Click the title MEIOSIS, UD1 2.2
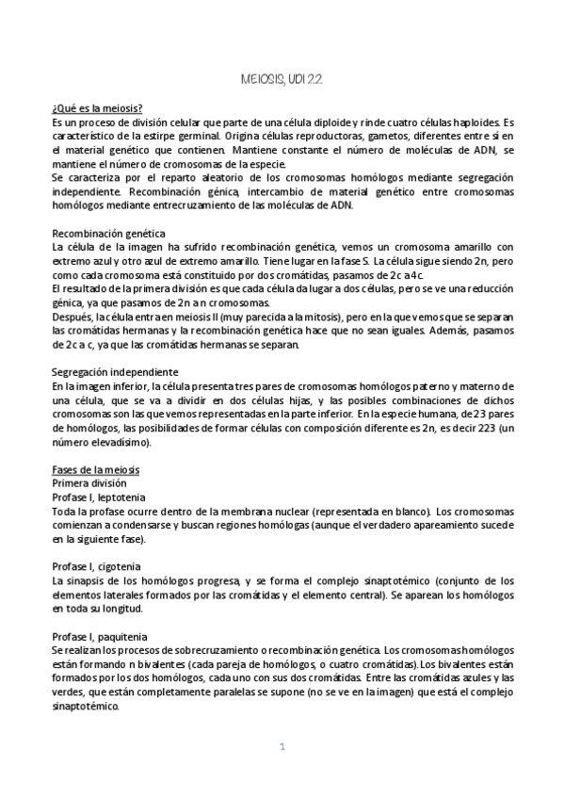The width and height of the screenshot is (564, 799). (282, 83)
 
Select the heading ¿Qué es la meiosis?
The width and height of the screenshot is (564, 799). (98, 108)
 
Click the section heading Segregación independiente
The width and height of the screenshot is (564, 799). (114, 373)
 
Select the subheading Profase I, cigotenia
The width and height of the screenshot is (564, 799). (97, 566)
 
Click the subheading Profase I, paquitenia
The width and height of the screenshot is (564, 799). (100, 637)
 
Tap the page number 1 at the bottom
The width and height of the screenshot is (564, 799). (282, 747)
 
